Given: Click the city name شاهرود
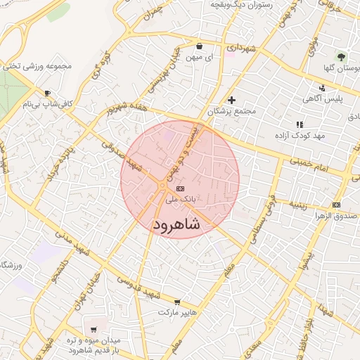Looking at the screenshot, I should [176, 224].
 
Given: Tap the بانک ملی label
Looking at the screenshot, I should [181, 200].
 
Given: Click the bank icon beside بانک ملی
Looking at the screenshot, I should [180, 188].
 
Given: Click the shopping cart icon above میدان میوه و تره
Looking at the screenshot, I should [94, 329].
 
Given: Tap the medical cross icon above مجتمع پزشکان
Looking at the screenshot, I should [231, 100].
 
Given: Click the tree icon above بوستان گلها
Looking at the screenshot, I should [342, 56].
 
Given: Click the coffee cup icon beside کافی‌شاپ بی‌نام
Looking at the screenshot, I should [47, 93].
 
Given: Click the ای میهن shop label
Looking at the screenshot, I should [200, 57].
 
